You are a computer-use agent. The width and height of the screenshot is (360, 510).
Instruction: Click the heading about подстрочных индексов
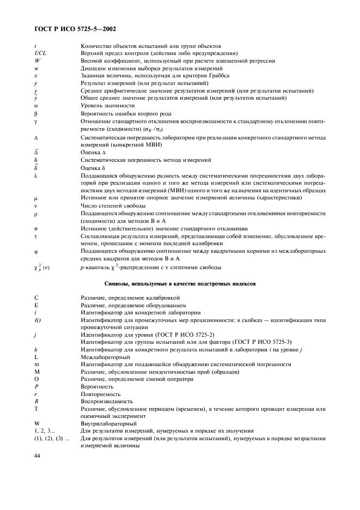180,283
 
